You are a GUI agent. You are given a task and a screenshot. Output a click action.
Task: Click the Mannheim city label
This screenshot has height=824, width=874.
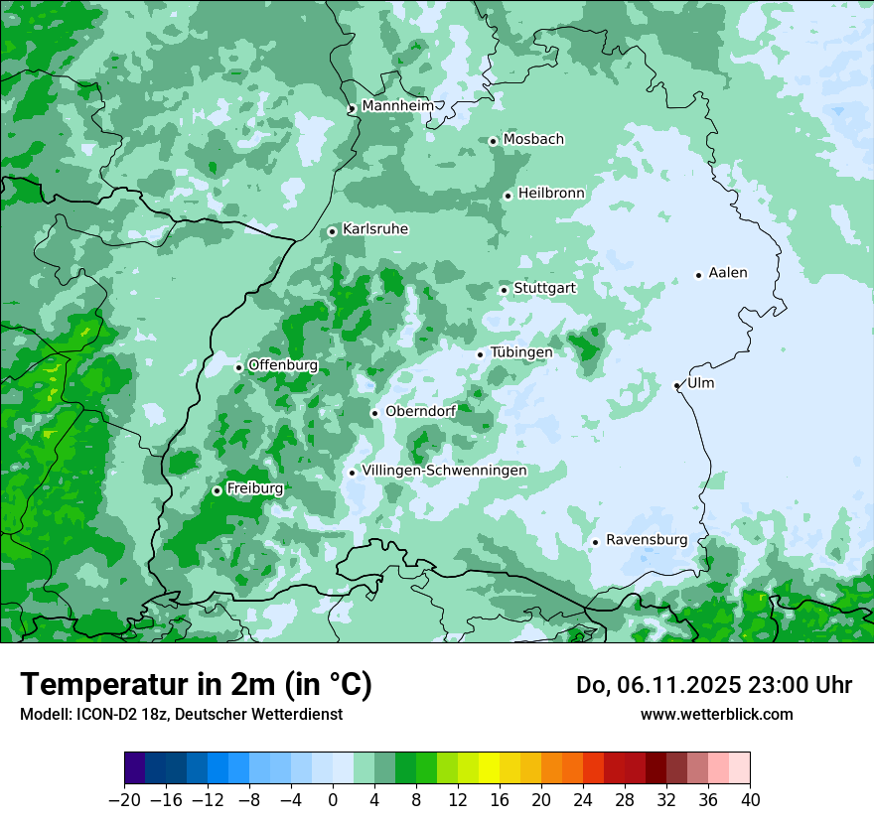coord(397,105)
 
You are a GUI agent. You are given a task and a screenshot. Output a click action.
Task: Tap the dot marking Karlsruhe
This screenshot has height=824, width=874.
coord(333,231)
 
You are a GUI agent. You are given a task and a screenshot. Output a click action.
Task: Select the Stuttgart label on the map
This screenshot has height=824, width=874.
coord(545,288)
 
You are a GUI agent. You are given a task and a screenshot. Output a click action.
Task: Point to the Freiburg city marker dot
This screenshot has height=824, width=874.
coord(217,490)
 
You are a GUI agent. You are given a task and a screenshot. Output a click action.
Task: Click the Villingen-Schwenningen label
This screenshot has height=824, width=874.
coord(444,471)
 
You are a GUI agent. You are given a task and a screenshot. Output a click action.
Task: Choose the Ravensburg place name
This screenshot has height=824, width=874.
coord(647,540)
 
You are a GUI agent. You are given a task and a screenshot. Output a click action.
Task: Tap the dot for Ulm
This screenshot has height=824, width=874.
coord(677,385)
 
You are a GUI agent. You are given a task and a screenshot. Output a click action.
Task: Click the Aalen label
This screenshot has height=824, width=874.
coord(728,273)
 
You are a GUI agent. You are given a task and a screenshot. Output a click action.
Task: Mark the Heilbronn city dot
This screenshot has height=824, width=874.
coord(508,196)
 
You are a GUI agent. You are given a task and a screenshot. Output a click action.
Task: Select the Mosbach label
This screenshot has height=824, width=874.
coord(533,139)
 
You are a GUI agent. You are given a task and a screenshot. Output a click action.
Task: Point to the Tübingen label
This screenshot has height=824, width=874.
coord(521,352)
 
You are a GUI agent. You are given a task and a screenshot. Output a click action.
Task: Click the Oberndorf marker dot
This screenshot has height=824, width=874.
coord(374,413)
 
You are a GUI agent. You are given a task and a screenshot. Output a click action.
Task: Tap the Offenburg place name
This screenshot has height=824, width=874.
coord(283,365)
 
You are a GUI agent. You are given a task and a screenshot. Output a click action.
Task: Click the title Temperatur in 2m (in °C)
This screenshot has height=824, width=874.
coord(196,684)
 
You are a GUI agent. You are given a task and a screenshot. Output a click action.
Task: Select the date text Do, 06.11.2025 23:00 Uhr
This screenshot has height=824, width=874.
coord(714,685)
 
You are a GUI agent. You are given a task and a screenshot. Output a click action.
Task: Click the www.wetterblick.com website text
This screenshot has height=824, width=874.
coord(716,714)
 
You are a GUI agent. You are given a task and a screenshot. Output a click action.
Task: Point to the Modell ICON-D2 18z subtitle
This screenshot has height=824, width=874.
coord(181,714)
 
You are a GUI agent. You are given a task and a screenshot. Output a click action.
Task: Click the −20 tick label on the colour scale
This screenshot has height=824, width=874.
coord(124,800)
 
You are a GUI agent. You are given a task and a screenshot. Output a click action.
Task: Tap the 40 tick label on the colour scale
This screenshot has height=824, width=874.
coord(750,800)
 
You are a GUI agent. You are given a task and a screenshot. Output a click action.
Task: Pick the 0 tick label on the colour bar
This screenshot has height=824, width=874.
coord(333,800)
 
